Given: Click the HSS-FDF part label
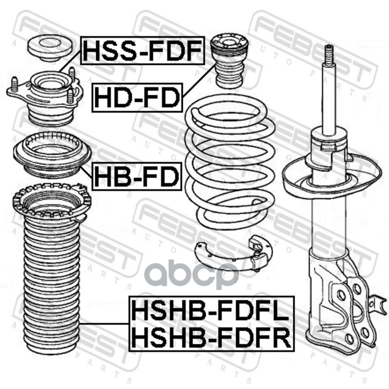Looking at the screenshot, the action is click(142, 51).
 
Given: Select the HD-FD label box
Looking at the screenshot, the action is click(137, 98).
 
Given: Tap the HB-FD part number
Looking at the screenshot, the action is click(137, 177).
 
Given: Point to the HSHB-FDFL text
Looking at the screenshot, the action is click(211, 310).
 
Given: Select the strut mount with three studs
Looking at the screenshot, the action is click(45, 97).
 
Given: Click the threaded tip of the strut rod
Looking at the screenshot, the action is click(330, 54).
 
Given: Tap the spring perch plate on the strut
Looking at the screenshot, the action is click(332, 176).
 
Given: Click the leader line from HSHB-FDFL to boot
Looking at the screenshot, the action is click(104, 323).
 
